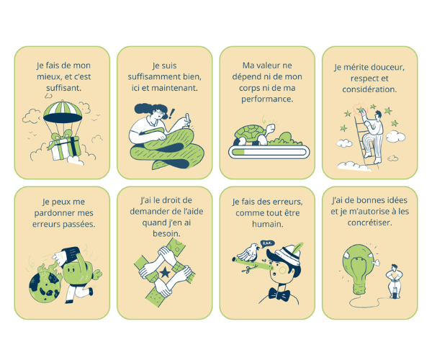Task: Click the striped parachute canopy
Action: point(63,112)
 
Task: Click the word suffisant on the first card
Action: point(63,88)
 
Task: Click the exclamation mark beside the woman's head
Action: point(172,114)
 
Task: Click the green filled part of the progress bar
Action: point(238,152)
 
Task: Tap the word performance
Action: point(267,99)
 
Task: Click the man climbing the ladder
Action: point(373,136)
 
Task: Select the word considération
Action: point(369,89)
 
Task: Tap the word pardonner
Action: point(53,213)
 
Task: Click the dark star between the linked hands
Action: point(165,272)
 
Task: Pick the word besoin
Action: point(166,234)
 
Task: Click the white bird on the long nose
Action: point(248,252)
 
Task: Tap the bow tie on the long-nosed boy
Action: point(279,294)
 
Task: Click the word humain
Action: point(268,224)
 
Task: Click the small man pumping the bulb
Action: point(395,281)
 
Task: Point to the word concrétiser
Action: point(369,222)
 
